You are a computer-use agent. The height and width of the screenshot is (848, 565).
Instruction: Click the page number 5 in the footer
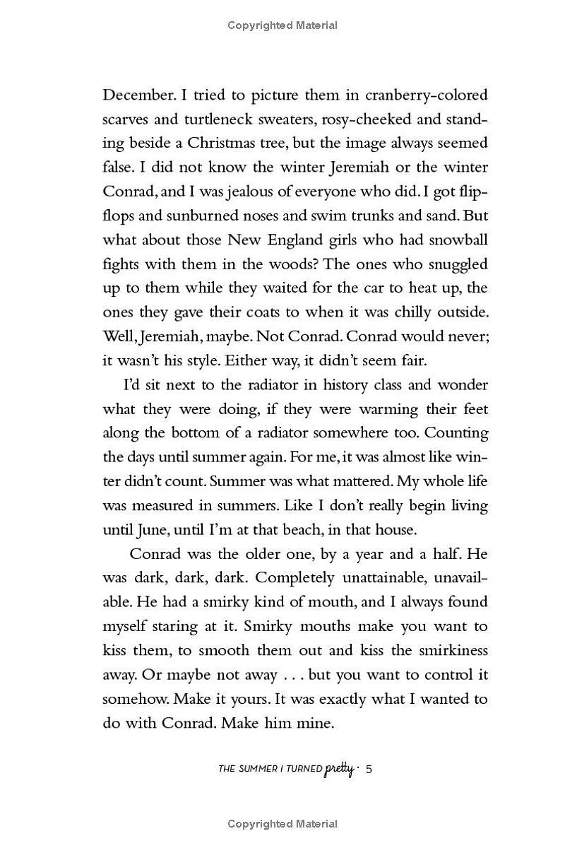pos(368,768)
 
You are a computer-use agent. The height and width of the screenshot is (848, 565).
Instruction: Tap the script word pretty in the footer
pos(339,768)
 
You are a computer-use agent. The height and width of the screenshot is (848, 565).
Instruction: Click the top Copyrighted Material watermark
pos(282,25)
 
